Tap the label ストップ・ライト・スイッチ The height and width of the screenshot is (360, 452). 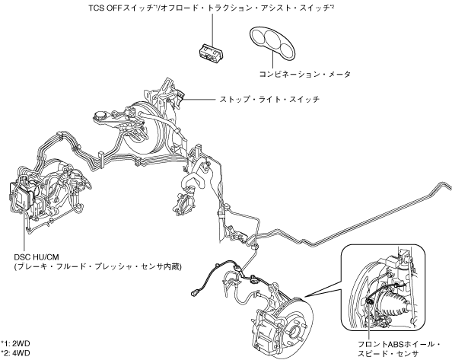click(270, 100)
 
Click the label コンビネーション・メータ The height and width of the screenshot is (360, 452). click(305, 75)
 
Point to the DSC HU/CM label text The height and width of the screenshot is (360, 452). click(37, 256)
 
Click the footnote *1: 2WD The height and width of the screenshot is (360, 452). click(15, 343)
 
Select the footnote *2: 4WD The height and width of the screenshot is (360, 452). click(15, 353)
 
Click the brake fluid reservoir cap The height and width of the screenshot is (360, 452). click(100, 116)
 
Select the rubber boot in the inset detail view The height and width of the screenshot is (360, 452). click(393, 305)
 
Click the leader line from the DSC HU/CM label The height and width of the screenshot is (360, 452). click(24, 230)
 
